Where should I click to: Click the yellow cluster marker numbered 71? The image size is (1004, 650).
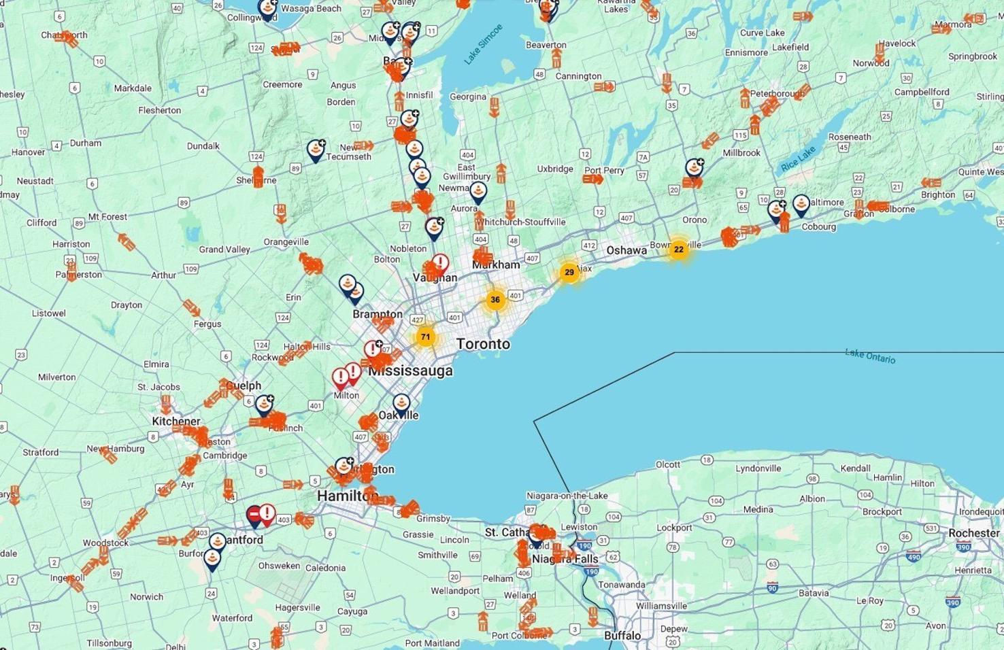[x=425, y=337]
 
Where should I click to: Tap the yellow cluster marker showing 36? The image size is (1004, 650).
[x=495, y=300]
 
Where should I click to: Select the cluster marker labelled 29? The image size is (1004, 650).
[x=569, y=273]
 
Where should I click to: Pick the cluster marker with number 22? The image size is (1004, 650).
[x=678, y=250]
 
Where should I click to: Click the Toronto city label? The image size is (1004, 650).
[x=483, y=344]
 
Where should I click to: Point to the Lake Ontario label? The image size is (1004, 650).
[x=870, y=356]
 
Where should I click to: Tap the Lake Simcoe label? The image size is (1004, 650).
[x=483, y=44]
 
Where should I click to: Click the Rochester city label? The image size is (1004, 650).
[x=974, y=533]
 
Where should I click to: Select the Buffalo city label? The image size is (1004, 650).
[x=622, y=636]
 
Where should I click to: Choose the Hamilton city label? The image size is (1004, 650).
[x=347, y=496]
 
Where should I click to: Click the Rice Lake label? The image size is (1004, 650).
[x=798, y=159]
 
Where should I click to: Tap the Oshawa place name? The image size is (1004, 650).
[x=626, y=250]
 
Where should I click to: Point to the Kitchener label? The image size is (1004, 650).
[x=176, y=421]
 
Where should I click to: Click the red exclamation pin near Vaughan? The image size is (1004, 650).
[x=440, y=263]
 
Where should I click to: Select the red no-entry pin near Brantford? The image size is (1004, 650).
[x=254, y=515]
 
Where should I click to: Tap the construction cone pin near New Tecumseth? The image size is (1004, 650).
[x=316, y=149]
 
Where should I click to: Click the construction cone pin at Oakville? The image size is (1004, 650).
[x=401, y=404]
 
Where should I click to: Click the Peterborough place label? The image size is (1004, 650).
[x=777, y=94]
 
